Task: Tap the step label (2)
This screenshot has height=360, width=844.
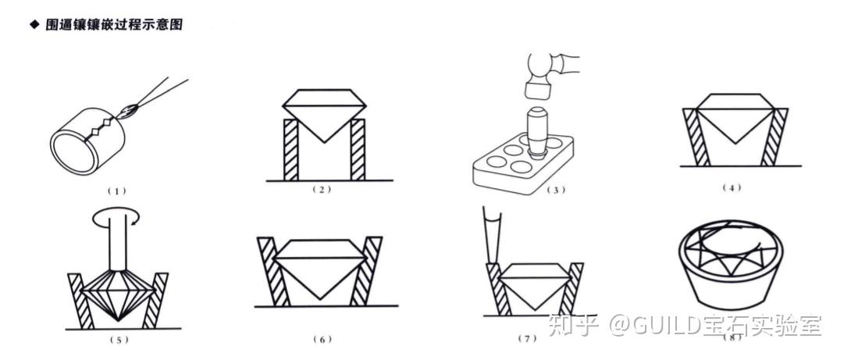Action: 322,190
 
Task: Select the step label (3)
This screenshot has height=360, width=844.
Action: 553,190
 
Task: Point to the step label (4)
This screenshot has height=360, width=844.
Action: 732,187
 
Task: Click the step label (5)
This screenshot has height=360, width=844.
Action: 117,340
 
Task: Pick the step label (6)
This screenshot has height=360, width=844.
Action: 322,340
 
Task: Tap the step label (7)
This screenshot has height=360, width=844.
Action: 528,339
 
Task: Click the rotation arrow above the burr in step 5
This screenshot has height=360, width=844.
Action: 116,219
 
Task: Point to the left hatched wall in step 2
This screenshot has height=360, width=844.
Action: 290,150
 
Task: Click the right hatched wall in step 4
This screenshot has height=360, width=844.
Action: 774,137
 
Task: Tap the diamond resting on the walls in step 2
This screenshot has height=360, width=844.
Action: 324,115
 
